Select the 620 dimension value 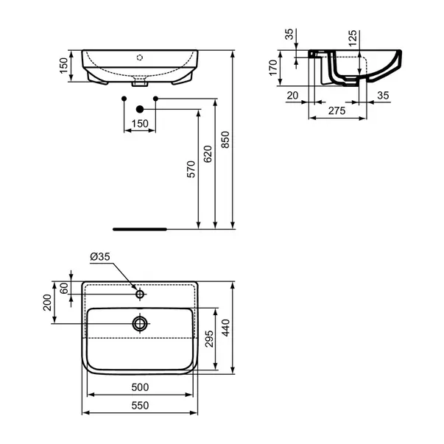[x=208, y=154]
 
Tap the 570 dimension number [x=191, y=170]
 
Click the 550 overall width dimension [x=142, y=404]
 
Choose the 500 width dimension [x=142, y=386]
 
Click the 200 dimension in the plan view [x=48, y=301]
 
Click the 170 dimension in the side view [x=273, y=68]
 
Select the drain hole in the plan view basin [x=139, y=323]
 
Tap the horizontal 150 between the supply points [x=138, y=124]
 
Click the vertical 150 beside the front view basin [x=63, y=67]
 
